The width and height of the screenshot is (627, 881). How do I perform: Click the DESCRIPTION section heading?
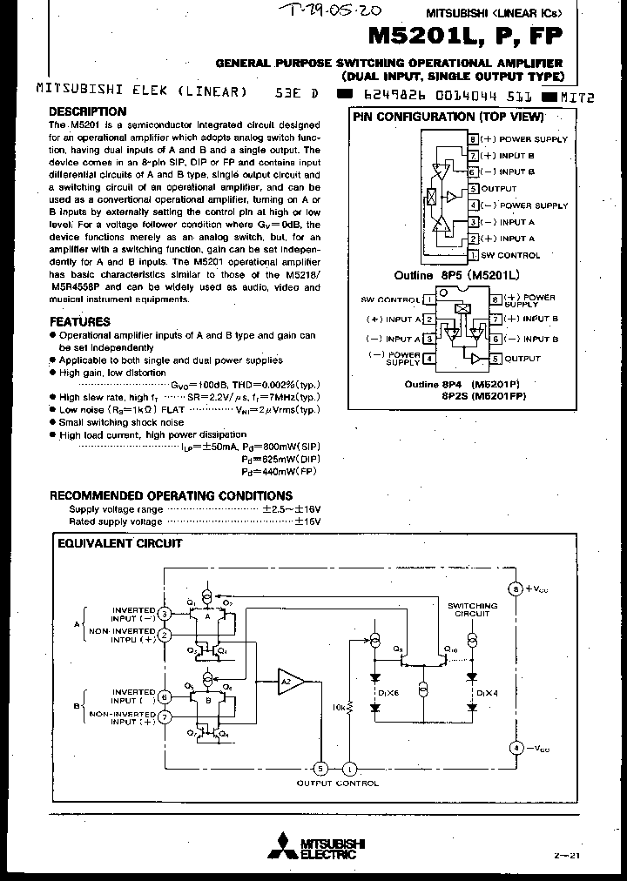pos(87,111)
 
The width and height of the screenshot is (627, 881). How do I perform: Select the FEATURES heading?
pos(79,321)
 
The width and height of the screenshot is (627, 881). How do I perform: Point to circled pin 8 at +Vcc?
pos(515,589)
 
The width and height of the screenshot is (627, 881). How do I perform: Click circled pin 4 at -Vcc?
pos(515,747)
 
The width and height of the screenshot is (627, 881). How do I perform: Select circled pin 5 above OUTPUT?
pos(320,768)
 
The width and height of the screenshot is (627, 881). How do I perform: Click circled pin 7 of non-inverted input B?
pos(164,716)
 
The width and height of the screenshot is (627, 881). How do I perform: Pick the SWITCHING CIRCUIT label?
pos(473,609)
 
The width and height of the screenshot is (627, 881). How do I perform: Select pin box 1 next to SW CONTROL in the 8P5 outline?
pos(473,255)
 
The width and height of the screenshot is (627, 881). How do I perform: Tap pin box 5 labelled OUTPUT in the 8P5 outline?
pos(473,188)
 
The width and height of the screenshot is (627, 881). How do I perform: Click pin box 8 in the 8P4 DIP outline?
pos(496,299)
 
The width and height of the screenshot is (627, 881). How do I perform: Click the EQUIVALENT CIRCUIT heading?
pos(119,543)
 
